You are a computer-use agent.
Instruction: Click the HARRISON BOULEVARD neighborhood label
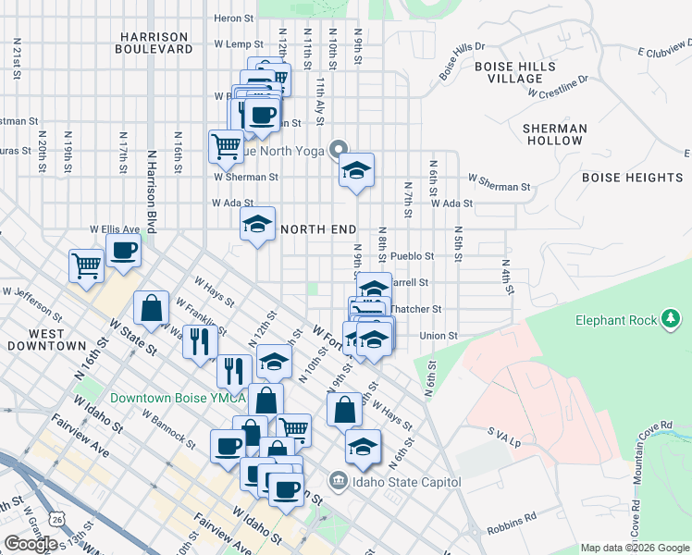(154, 43)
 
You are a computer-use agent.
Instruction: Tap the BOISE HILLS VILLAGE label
(515, 73)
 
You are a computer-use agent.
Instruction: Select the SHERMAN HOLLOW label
(555, 134)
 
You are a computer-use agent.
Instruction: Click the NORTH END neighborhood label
(318, 228)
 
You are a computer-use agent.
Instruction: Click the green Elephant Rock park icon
(671, 320)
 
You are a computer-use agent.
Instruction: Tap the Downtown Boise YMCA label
(178, 399)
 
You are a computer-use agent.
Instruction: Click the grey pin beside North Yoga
(339, 150)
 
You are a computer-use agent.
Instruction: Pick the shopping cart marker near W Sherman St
(226, 145)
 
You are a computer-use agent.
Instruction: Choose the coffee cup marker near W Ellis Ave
(123, 249)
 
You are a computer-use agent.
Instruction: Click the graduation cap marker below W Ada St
(258, 224)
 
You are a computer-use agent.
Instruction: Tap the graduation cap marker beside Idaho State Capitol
(364, 447)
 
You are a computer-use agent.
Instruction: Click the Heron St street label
(233, 18)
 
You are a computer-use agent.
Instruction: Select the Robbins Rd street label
(511, 525)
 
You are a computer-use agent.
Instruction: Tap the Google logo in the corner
(30, 543)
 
